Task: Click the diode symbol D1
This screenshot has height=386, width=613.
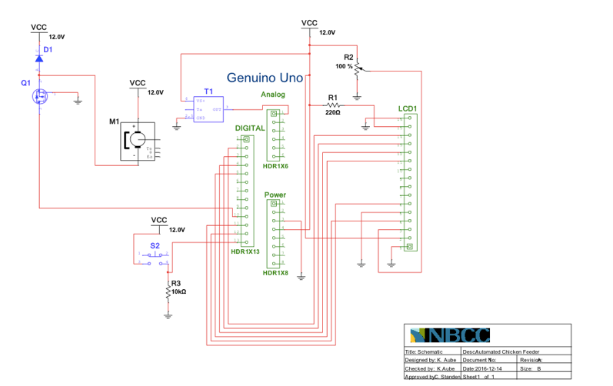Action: click(38, 57)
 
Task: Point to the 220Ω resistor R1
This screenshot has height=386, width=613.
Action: click(332, 105)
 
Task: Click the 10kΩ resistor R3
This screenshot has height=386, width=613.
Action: click(168, 291)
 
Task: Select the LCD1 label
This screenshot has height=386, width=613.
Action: click(408, 108)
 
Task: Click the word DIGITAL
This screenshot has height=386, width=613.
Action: click(250, 128)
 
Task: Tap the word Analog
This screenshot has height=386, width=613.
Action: click(273, 95)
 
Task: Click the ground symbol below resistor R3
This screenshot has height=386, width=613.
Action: click(168, 314)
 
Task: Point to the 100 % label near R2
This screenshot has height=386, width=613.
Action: click(344, 67)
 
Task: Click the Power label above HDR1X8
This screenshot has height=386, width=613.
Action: click(275, 195)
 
